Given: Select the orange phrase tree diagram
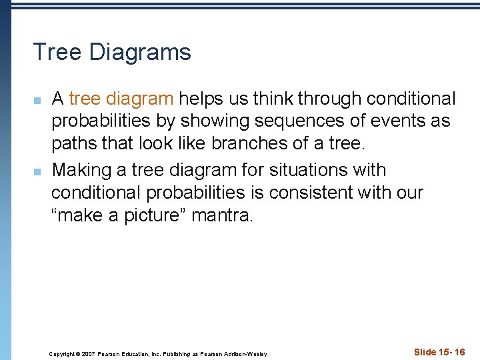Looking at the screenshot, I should click(121, 99).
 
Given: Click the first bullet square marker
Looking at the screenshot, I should click(37, 101).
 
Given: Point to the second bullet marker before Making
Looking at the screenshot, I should click(37, 171).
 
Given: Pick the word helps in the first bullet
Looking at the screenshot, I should click(201, 99).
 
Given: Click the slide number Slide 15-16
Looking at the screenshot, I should click(439, 352).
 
